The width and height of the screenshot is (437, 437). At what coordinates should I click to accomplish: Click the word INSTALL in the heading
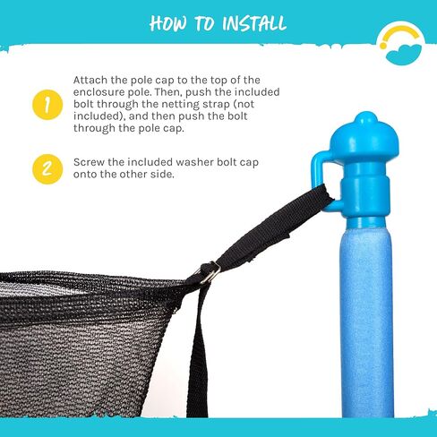pyautogui.click(x=254, y=23)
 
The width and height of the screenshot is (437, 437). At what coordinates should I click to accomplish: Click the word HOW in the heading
pyautogui.click(x=168, y=23)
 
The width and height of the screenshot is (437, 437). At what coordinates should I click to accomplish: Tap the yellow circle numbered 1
pyautogui.click(x=47, y=105)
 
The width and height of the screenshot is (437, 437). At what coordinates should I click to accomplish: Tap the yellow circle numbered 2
pyautogui.click(x=47, y=169)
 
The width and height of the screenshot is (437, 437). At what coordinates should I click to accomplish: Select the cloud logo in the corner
pyautogui.click(x=404, y=55)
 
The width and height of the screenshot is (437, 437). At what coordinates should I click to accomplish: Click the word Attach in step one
pyautogui.click(x=90, y=80)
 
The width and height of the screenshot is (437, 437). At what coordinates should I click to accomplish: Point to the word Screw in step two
pyautogui.click(x=89, y=162)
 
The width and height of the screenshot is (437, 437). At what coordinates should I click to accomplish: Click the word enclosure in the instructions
pyautogui.click(x=99, y=92)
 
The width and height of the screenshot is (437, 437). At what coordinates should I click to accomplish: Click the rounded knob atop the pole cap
pyautogui.click(x=364, y=118)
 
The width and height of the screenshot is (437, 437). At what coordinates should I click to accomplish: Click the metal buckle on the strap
pyautogui.click(x=209, y=272)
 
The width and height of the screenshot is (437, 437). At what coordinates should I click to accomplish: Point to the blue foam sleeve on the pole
pyautogui.click(x=366, y=324)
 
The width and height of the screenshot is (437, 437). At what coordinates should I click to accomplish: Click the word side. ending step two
pyautogui.click(x=163, y=175)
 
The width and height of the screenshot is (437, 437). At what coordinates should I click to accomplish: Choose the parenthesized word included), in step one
pyautogui.click(x=99, y=116)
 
